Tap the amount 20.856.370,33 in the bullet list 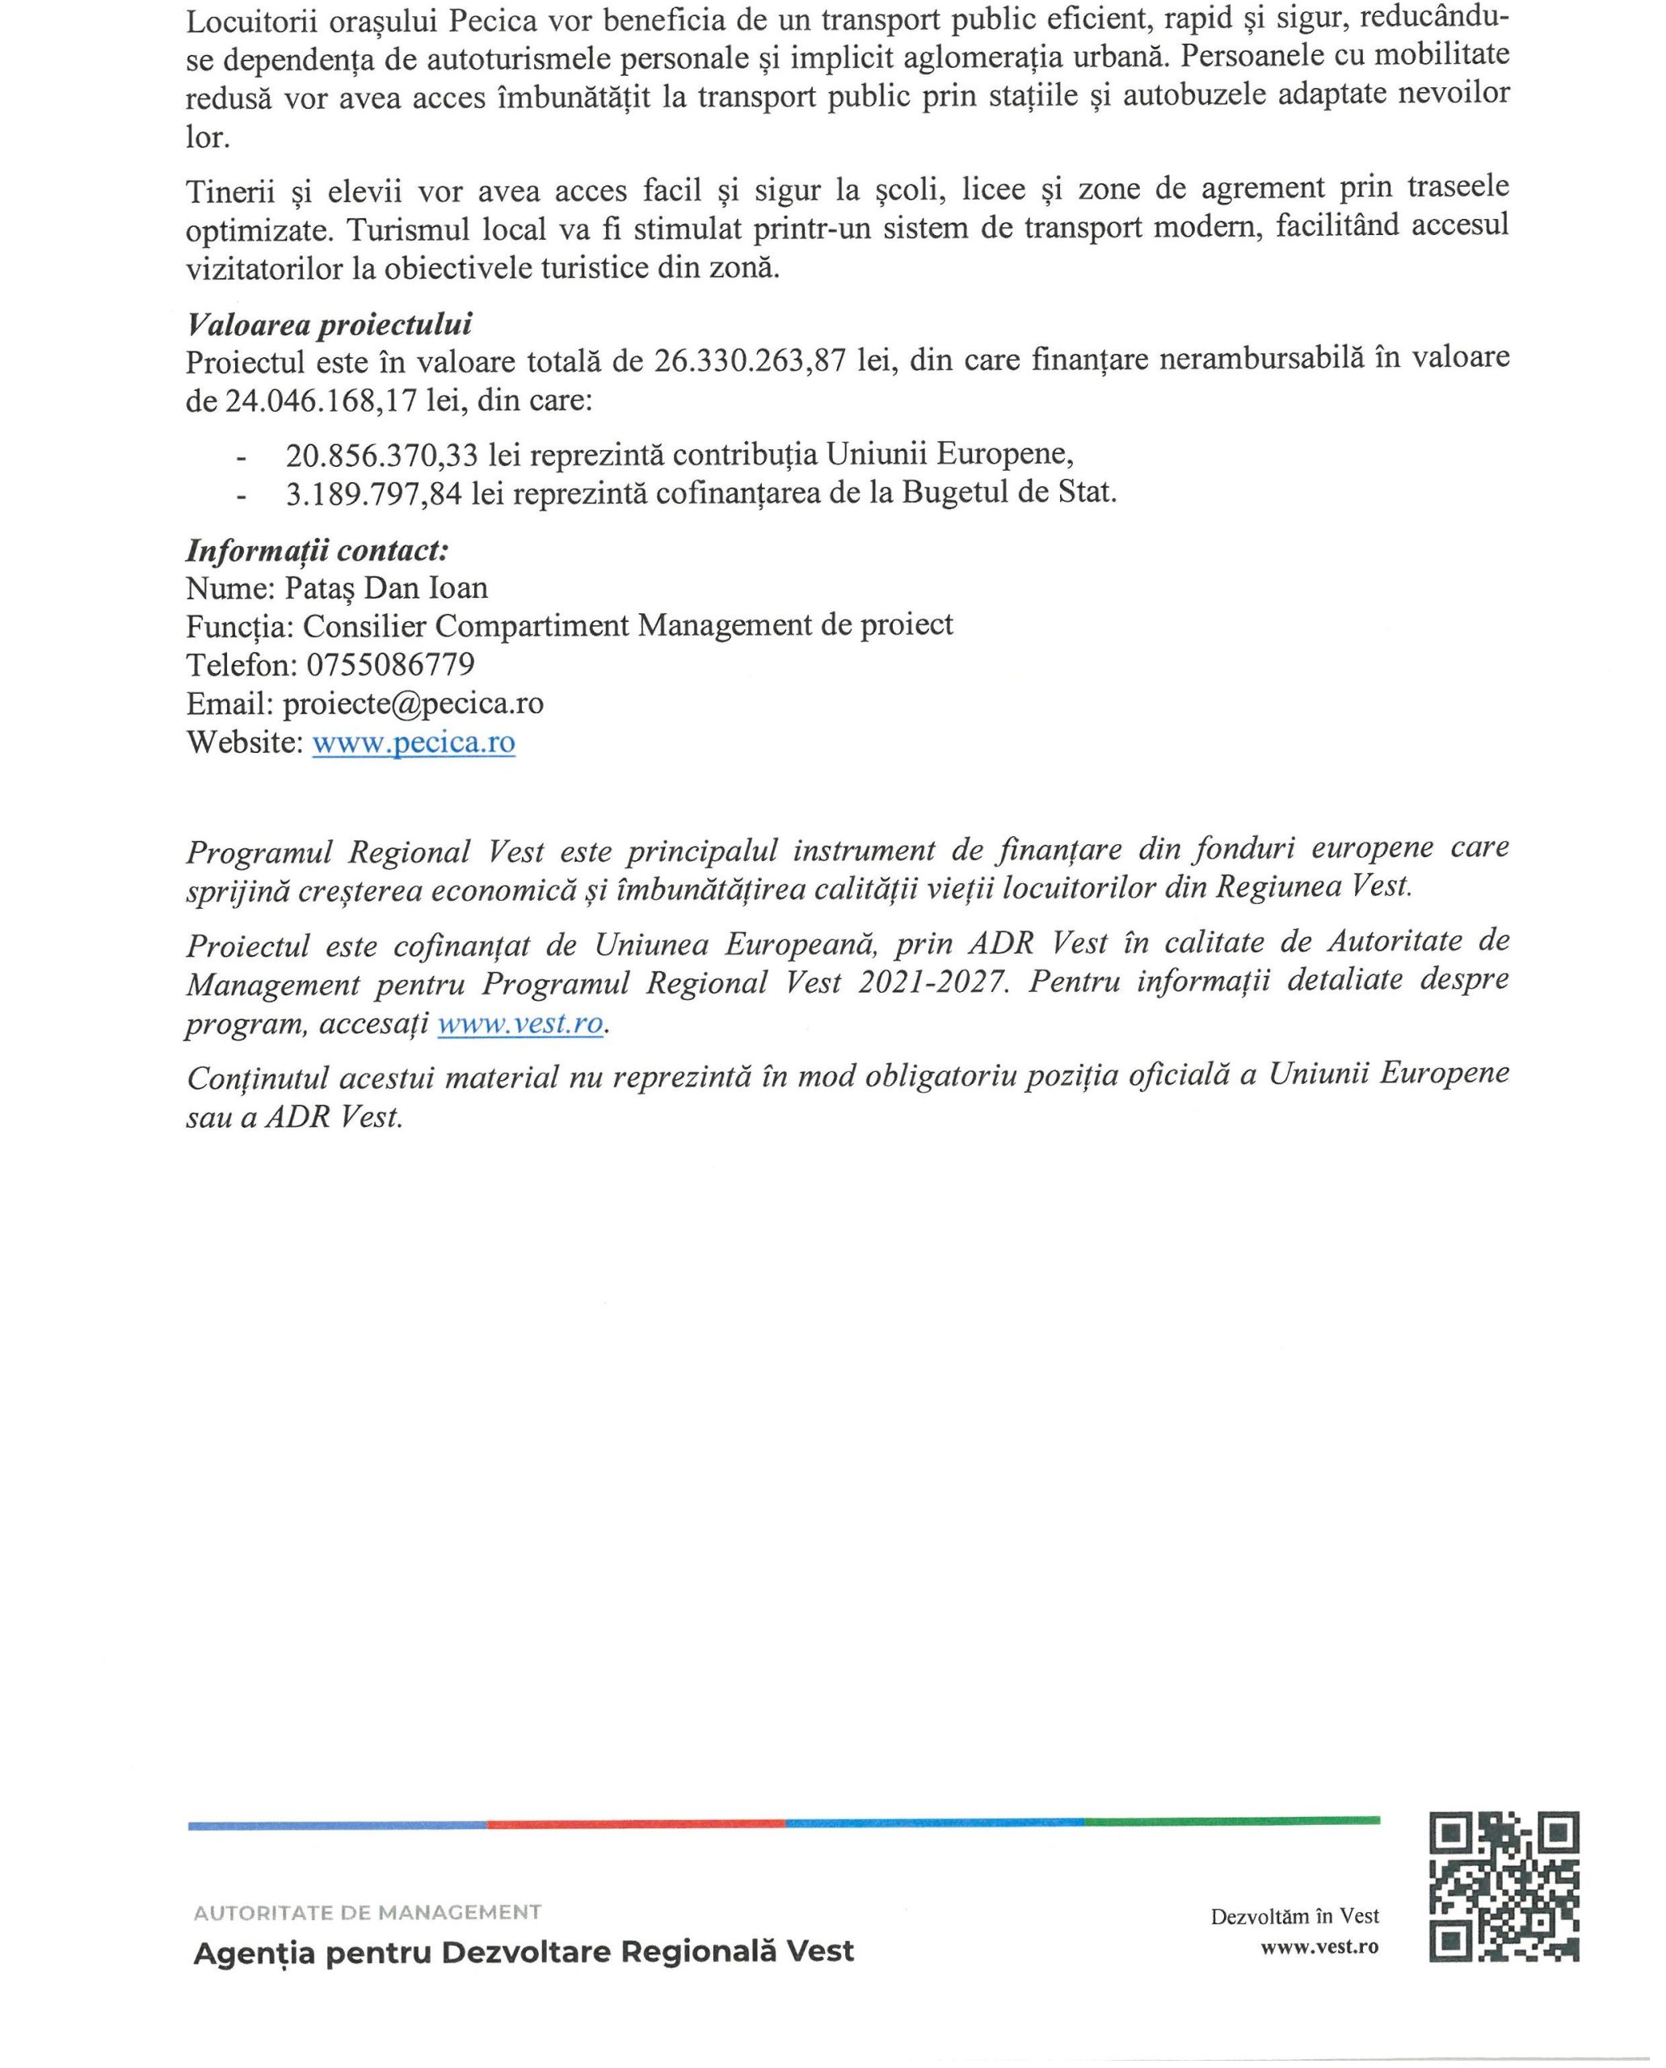pyautogui.click(x=381, y=453)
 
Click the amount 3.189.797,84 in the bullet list pyautogui.click(x=373, y=494)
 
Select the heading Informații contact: pyautogui.click(x=318, y=551)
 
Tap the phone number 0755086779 pyautogui.click(x=389, y=664)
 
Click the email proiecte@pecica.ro pyautogui.click(x=413, y=704)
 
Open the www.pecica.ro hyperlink pyautogui.click(x=414, y=742)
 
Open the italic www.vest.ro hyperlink pyautogui.click(x=521, y=1023)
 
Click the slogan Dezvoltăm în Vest pyautogui.click(x=1294, y=1916)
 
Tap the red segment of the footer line pyautogui.click(x=637, y=1823)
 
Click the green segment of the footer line pyautogui.click(x=1231, y=1821)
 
